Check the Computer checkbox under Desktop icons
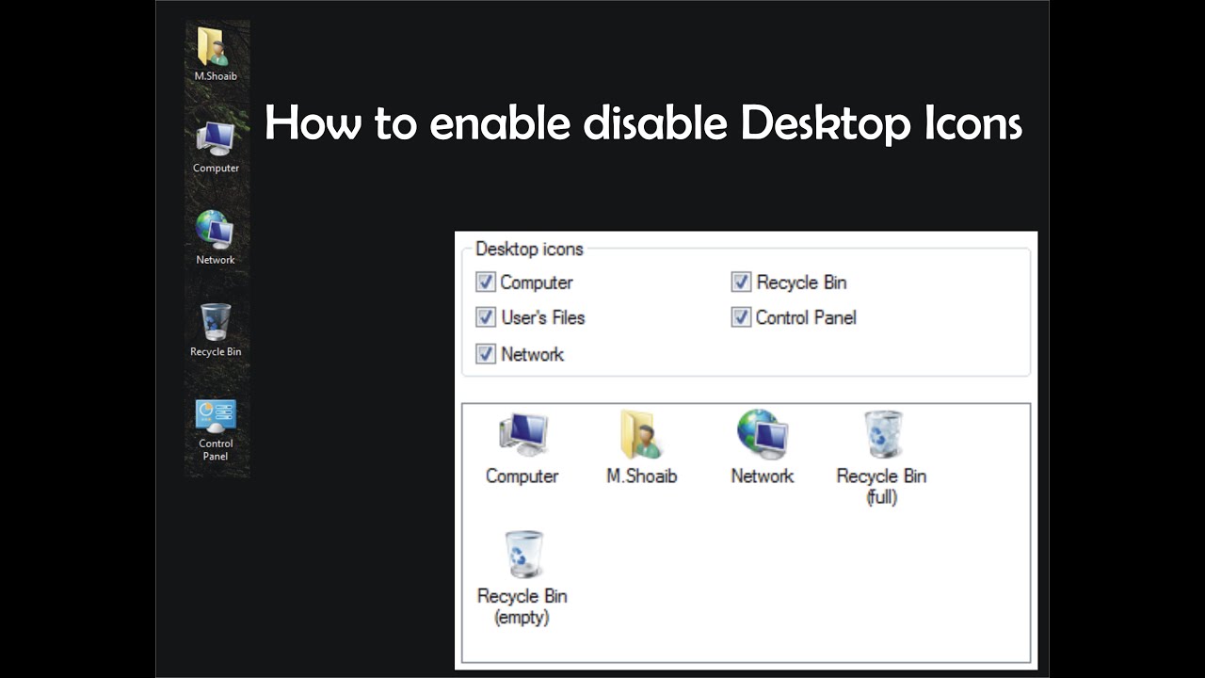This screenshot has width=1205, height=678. click(x=486, y=282)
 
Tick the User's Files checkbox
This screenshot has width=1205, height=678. click(x=486, y=317)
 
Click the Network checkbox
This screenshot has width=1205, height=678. click(x=486, y=354)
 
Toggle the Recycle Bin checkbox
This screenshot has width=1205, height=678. click(x=741, y=282)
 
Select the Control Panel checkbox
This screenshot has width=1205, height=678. click(x=741, y=317)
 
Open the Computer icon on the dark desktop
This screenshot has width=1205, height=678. click(x=216, y=139)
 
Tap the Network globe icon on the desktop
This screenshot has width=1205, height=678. click(x=215, y=230)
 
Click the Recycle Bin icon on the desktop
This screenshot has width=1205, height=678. click(x=216, y=322)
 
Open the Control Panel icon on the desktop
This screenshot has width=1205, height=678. click(x=216, y=415)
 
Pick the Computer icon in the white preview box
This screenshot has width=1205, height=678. click(x=522, y=434)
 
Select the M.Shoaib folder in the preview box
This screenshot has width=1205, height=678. click(x=641, y=434)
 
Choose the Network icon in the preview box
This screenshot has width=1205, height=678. click(x=763, y=434)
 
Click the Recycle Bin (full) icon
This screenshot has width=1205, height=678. click(x=882, y=434)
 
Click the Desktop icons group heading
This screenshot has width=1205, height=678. click(x=529, y=250)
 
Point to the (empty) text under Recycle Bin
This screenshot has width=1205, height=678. click(x=522, y=618)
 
